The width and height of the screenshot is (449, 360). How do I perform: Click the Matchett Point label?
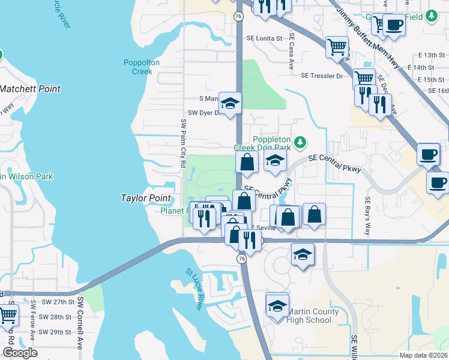click(x=30, y=89)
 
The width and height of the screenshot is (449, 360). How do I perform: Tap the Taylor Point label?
click(x=146, y=198)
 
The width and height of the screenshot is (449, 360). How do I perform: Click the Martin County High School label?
click(x=310, y=316)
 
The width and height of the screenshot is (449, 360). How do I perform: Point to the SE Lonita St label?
click(x=264, y=38)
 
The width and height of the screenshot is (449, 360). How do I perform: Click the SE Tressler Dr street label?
click(x=322, y=76)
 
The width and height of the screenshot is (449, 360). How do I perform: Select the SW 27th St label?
click(x=54, y=302)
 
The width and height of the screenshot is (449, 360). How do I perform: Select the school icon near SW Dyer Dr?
click(x=229, y=103)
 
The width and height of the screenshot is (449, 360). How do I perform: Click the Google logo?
click(x=20, y=352)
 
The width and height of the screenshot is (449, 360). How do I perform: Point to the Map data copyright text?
click(x=423, y=355)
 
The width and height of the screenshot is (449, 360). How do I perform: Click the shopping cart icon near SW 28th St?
click(x=8, y=314)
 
